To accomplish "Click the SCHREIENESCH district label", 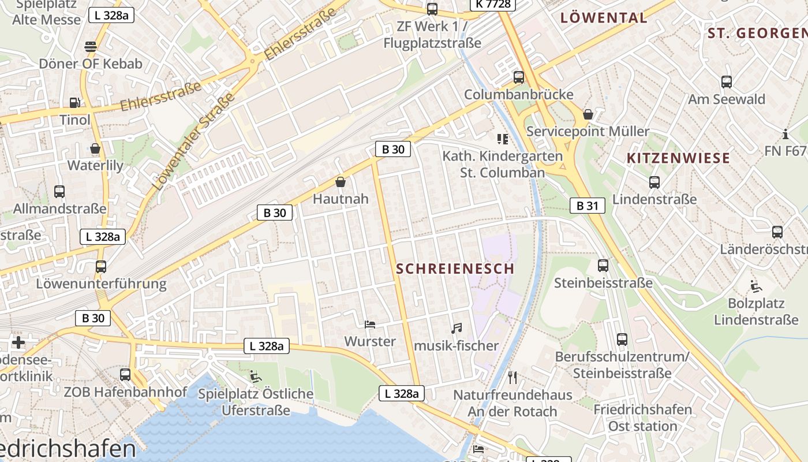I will pyautogui.click(x=455, y=269).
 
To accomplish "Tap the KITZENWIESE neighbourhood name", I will pyautogui.click(x=678, y=158).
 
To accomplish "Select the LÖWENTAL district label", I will pyautogui.click(x=604, y=18).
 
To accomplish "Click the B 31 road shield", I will pyautogui.click(x=588, y=206).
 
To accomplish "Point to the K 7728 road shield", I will pyautogui.click(x=493, y=5).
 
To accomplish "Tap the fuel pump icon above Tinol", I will pyautogui.click(x=74, y=103).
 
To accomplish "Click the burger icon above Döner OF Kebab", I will pyautogui.click(x=91, y=46).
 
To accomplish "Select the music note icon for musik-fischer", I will pyautogui.click(x=456, y=329).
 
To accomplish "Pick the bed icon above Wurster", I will pyautogui.click(x=370, y=325).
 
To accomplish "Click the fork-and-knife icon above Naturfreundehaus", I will pyautogui.click(x=513, y=378).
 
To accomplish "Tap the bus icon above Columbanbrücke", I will pyautogui.click(x=519, y=77).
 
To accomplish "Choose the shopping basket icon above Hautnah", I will pyautogui.click(x=341, y=182).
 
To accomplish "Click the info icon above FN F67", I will pyautogui.click(x=785, y=135).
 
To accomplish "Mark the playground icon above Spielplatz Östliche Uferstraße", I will pyautogui.click(x=255, y=377).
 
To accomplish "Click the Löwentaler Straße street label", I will pyautogui.click(x=194, y=141).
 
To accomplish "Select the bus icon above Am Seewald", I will pyautogui.click(x=726, y=82).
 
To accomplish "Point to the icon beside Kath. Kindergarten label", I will pyautogui.click(x=502, y=139).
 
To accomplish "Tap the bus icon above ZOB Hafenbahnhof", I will pyautogui.click(x=125, y=375).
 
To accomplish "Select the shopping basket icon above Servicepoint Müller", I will pyautogui.click(x=588, y=114).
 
